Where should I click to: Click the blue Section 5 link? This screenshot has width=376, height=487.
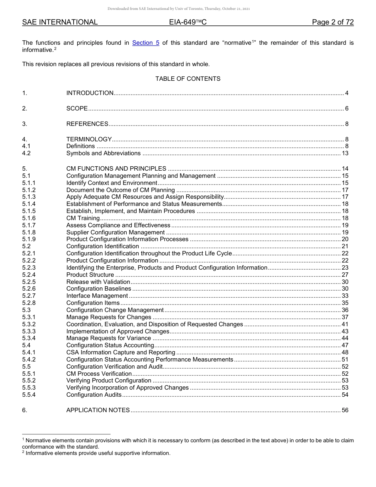click(x=146, y=43)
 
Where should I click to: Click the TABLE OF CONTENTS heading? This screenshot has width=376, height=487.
click(x=188, y=79)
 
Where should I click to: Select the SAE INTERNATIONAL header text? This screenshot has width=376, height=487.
click(x=60, y=23)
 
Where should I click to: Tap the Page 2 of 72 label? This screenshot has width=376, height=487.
click(x=332, y=23)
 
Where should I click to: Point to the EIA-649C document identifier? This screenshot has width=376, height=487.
click(x=188, y=23)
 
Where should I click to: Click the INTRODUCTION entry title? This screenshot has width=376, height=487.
click(x=90, y=93)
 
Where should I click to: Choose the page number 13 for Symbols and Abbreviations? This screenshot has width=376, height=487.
click(x=345, y=153)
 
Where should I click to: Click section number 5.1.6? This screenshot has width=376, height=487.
click(x=29, y=218)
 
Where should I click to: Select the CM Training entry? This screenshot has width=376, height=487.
click(x=83, y=218)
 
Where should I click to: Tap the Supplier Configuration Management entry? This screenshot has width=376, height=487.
click(x=116, y=232)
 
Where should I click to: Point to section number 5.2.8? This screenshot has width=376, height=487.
click(x=29, y=303)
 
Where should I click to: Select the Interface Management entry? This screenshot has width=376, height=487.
click(x=97, y=296)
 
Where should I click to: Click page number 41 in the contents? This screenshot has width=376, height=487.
click(x=345, y=324)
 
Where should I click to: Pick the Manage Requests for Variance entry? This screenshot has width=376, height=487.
click(x=108, y=338)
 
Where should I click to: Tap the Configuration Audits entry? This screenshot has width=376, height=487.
click(x=94, y=395)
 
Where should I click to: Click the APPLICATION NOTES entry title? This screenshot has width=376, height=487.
click(x=98, y=410)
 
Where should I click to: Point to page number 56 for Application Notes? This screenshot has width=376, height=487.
click(x=345, y=410)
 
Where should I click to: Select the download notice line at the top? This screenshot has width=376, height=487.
click(x=179, y=9)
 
